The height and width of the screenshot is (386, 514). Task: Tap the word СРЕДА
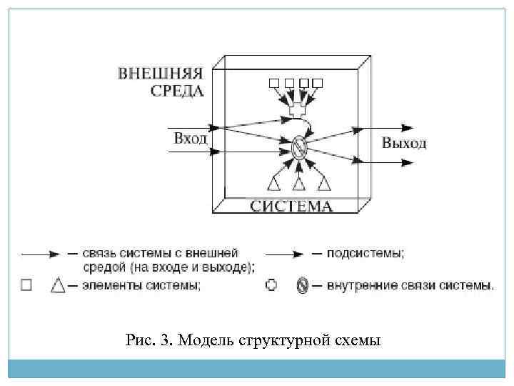pos(177,90)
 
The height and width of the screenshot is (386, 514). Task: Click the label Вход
pos(190,137)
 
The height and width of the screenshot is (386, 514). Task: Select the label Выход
pos(404,143)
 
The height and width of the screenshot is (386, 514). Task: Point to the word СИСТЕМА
pos(291,207)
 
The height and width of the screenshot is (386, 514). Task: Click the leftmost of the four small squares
pos(274,84)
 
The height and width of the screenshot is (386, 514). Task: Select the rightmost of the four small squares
pos(318,84)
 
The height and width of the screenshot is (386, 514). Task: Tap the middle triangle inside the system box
pos(300,184)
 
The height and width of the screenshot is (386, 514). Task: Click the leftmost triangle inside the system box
pos(274,184)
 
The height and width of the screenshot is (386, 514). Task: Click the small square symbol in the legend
pos(26,285)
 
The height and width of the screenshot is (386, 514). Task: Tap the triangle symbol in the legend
pos(58,285)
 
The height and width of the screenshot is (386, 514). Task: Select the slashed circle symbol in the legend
pos(302,285)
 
